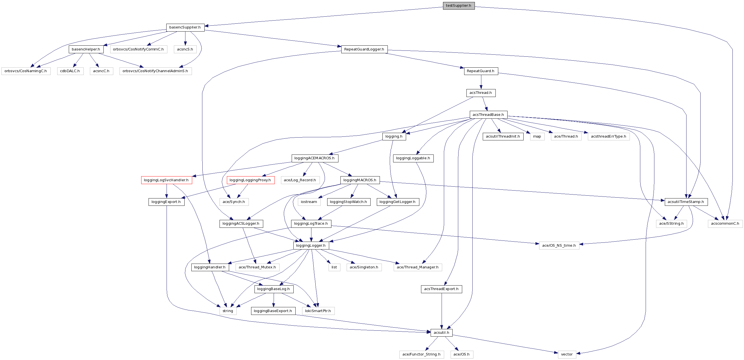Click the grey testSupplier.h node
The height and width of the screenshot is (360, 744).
(x=458, y=5)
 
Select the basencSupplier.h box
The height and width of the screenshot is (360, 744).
(x=185, y=27)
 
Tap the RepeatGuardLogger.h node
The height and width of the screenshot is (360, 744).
(x=364, y=49)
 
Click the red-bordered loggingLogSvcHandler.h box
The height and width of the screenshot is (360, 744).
(x=166, y=180)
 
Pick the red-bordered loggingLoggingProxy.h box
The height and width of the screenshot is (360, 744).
(x=250, y=180)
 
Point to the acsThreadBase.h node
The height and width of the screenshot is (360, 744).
(x=488, y=115)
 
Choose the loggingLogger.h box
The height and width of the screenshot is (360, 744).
(x=311, y=245)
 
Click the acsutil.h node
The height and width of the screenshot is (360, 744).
(x=441, y=333)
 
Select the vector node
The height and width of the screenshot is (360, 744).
(x=567, y=354)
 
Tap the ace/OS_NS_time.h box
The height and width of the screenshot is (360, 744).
(x=559, y=245)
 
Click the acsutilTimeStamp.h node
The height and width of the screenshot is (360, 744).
(x=686, y=202)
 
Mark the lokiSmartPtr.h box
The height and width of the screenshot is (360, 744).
(x=318, y=311)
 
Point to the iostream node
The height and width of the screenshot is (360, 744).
(x=309, y=202)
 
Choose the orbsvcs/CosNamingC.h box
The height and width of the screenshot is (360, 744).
(x=26, y=71)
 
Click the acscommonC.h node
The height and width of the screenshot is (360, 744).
(x=725, y=223)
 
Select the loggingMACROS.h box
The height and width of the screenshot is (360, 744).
(x=360, y=180)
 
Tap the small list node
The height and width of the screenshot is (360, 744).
(x=334, y=267)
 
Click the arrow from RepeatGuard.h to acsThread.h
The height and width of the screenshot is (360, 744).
(x=481, y=82)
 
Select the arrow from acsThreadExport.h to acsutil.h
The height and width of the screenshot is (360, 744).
(x=441, y=311)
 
